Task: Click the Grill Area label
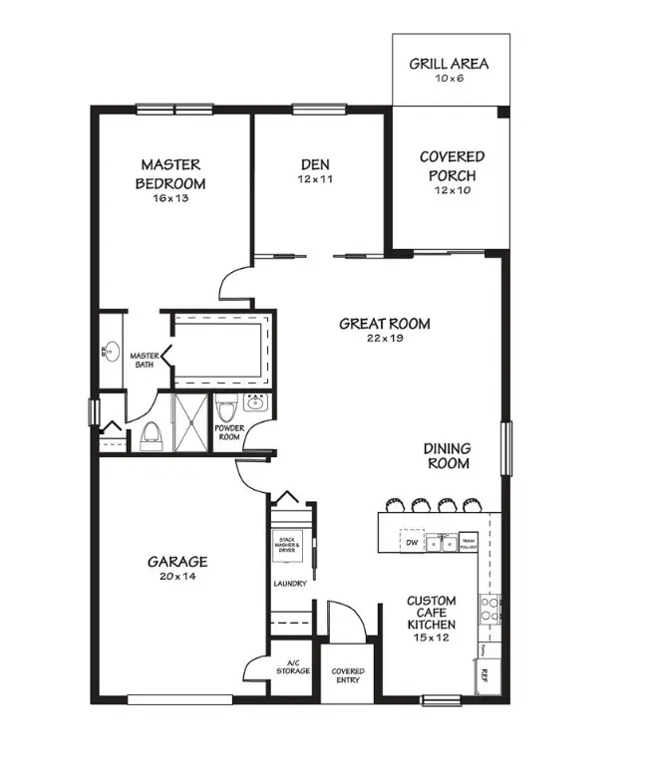[x=450, y=64]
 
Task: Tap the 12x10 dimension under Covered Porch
[x=452, y=190]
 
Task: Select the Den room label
[x=315, y=164]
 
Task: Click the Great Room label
[x=385, y=323]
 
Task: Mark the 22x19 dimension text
[x=385, y=338]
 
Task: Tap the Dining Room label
[x=449, y=456]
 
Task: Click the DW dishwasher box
[x=412, y=543]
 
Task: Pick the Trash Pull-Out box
[x=468, y=543]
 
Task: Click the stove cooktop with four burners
[x=489, y=608]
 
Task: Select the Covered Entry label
[x=348, y=675]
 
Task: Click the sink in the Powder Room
[x=254, y=403]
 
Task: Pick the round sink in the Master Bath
[x=113, y=352]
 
